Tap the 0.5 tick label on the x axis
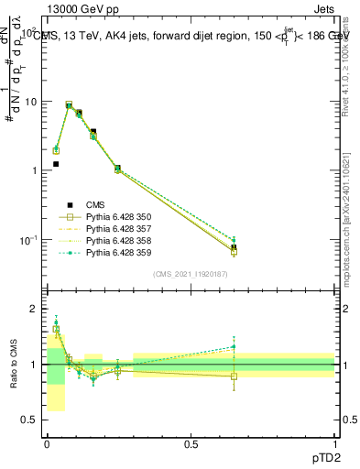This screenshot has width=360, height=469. (191, 444)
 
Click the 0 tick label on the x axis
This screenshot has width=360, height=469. (47, 444)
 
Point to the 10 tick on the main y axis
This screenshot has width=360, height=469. (33, 102)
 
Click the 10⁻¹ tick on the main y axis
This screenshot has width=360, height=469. (30, 239)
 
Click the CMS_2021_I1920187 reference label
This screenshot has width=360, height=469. (191, 274)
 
